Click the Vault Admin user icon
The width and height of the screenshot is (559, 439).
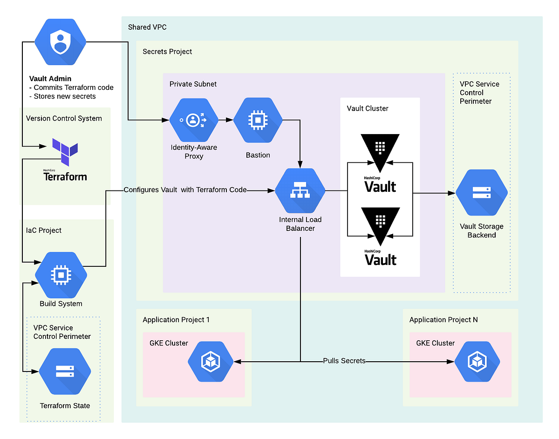(61, 42)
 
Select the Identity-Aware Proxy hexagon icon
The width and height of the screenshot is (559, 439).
(193, 120)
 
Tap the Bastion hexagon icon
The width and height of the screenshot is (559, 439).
(258, 120)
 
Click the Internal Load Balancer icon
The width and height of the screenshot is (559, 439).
(300, 190)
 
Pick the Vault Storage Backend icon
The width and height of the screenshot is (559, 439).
(481, 193)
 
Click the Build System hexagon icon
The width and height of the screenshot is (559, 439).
(61, 275)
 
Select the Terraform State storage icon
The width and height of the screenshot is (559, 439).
(64, 371)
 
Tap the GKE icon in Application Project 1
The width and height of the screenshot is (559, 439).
(211, 361)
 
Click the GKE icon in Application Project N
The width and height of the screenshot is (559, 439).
(477, 361)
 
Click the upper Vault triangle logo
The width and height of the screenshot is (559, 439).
(380, 148)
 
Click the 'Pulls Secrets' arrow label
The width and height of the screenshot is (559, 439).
(344, 361)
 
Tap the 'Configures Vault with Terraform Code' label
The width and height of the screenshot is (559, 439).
(185, 190)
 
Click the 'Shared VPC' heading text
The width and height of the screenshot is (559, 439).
(147, 27)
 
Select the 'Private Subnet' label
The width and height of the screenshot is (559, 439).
(193, 84)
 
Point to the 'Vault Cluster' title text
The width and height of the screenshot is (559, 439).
(368, 108)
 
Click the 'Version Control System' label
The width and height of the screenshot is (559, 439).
(64, 118)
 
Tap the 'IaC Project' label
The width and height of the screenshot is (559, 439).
(44, 230)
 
